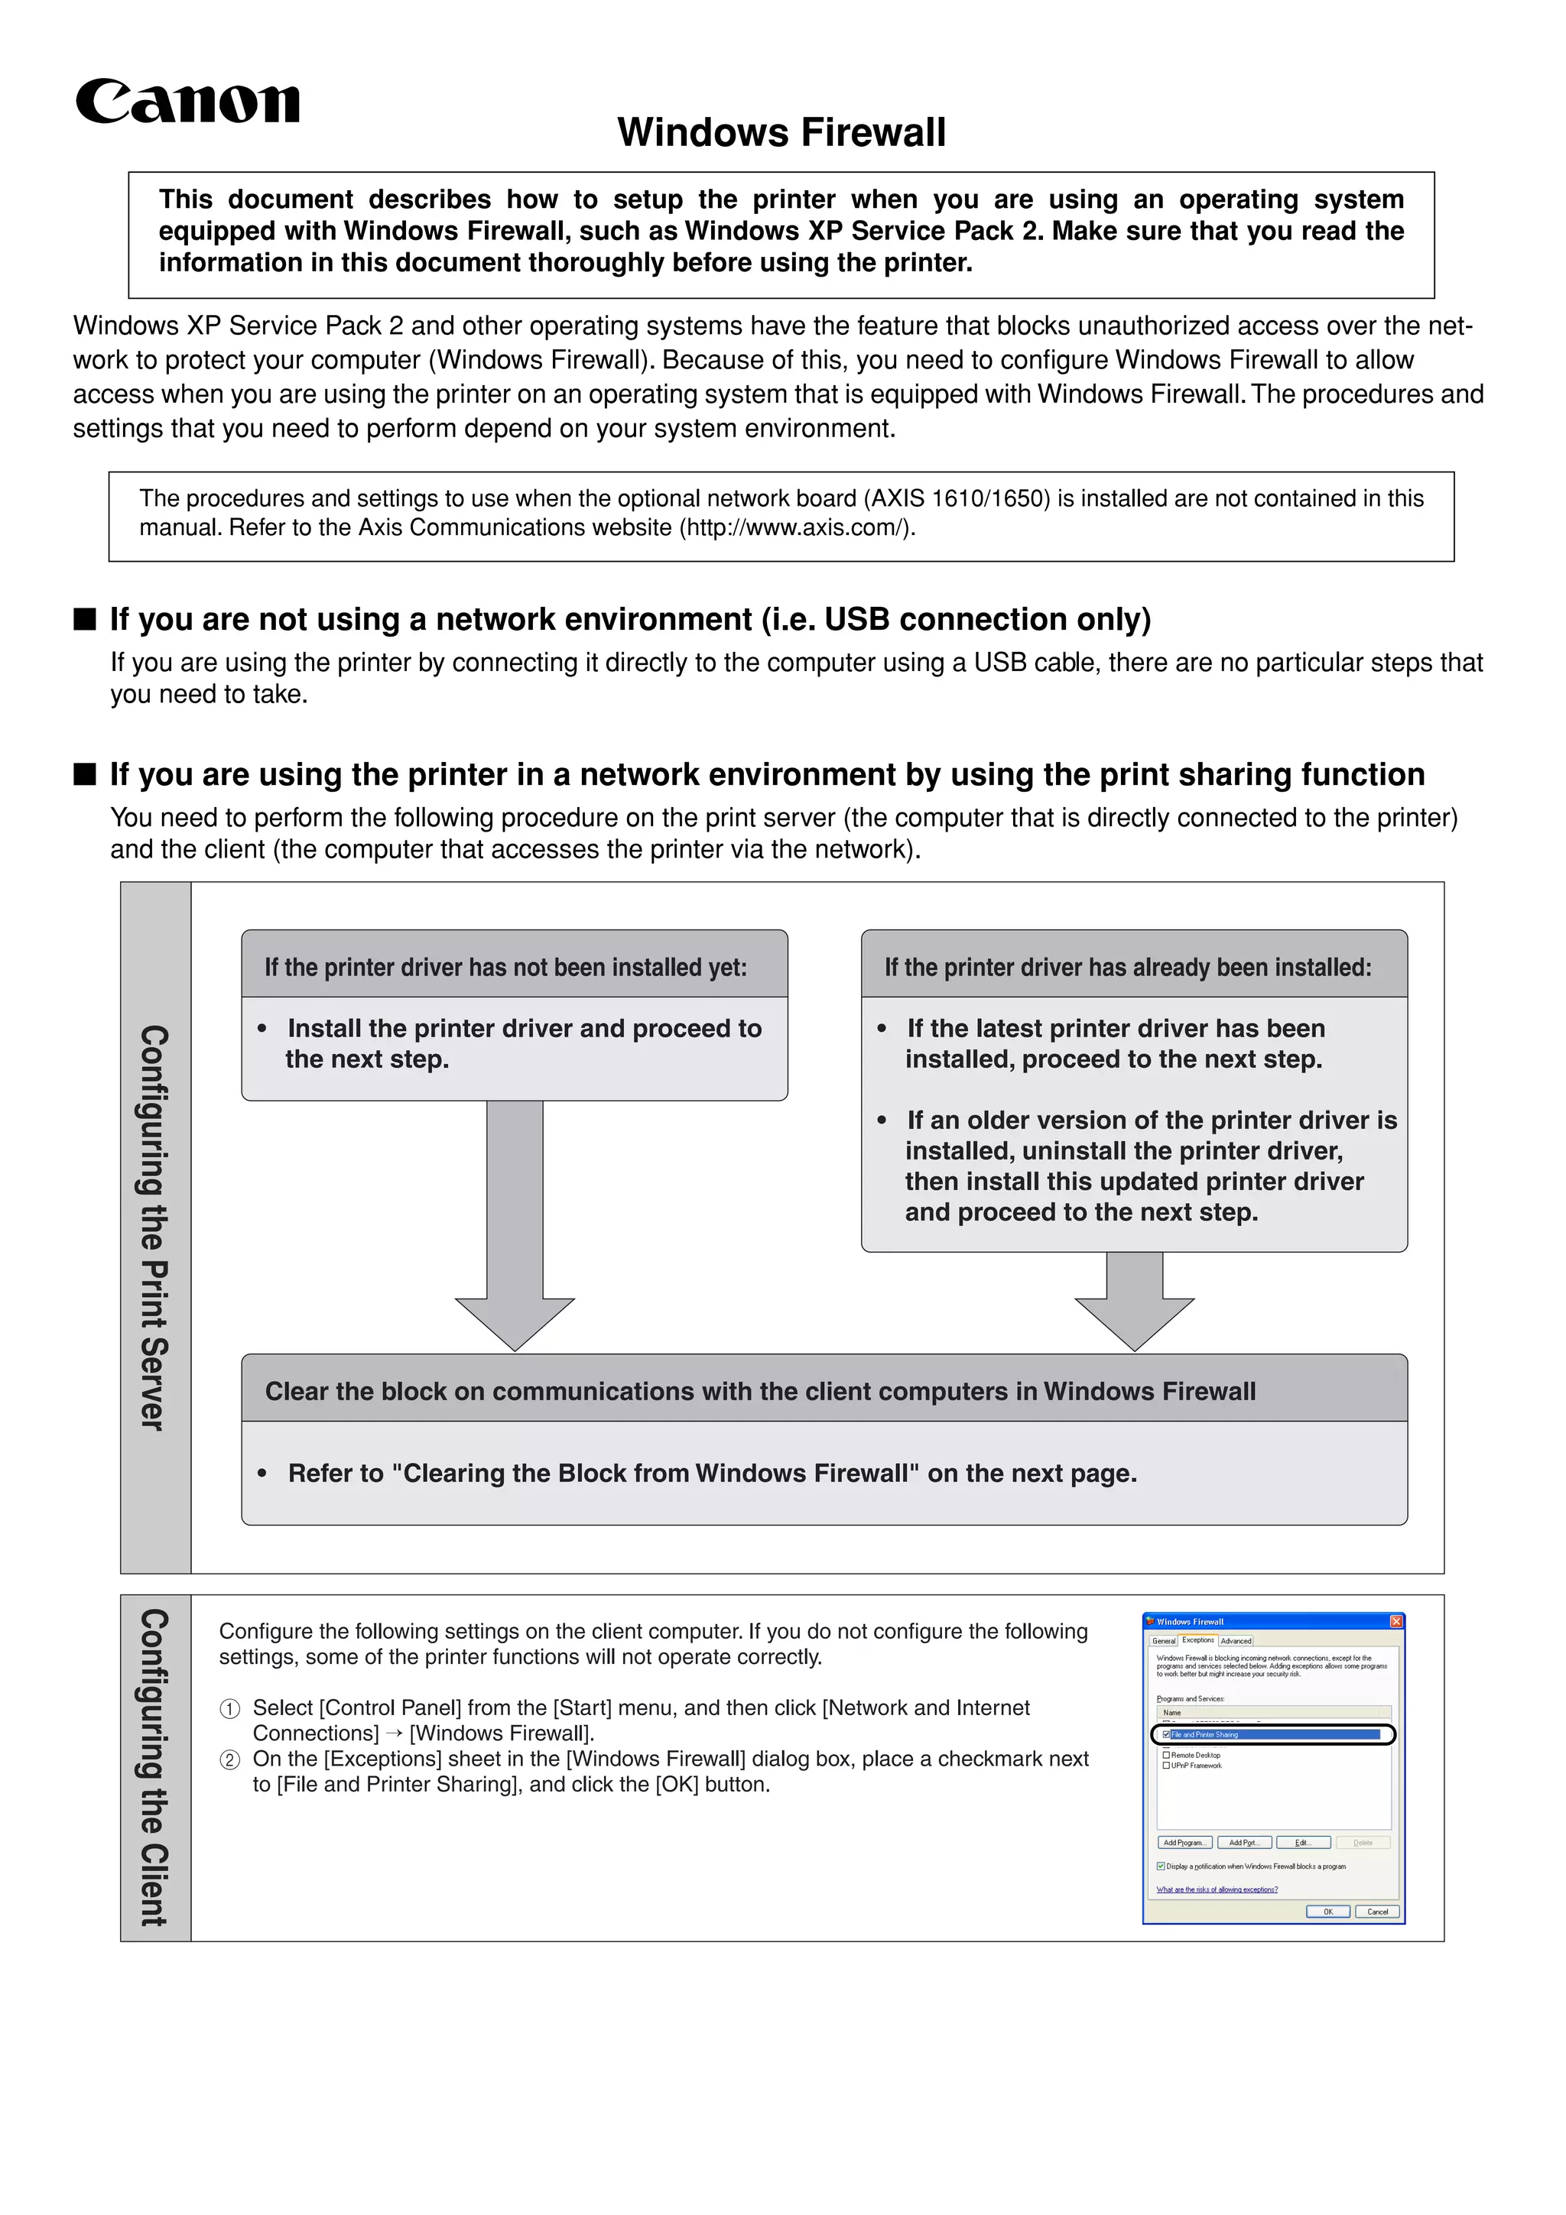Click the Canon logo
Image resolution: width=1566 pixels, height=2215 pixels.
click(x=187, y=102)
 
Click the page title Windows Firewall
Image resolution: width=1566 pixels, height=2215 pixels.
click(x=781, y=132)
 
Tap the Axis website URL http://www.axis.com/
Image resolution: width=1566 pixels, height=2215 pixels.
click(x=796, y=527)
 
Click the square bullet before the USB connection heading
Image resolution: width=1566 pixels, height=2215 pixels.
click(x=85, y=619)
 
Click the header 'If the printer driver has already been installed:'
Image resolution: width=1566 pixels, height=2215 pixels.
click(x=1128, y=968)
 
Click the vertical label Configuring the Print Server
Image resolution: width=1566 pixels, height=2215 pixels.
click(x=154, y=1227)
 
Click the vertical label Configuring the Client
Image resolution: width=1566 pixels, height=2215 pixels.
click(x=154, y=1767)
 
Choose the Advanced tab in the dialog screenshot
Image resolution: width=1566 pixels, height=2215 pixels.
click(x=1235, y=1641)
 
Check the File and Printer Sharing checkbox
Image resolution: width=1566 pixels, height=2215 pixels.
click(x=1167, y=1734)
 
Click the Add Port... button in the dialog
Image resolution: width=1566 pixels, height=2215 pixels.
click(x=1244, y=1843)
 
